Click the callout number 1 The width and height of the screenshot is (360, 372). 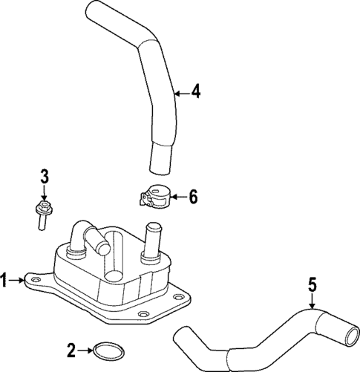tap(5, 280)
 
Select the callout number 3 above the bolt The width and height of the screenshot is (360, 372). tap(44, 177)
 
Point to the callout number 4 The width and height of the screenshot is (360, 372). tap(195, 92)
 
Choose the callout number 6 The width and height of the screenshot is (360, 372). tap(193, 197)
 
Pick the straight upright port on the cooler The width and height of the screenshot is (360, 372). tap(154, 238)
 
